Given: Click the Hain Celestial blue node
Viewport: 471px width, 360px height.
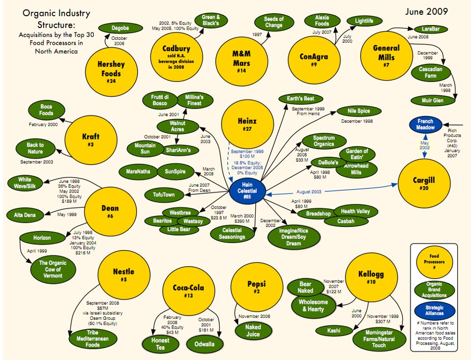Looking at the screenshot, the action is tap(247, 191).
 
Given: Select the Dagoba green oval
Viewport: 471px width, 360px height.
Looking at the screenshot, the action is tap(120, 28).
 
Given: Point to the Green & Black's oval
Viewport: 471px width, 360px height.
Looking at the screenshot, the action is tap(210, 20).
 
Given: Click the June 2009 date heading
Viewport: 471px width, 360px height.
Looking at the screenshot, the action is tap(426, 12).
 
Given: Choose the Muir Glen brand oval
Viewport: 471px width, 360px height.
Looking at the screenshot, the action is tap(432, 101).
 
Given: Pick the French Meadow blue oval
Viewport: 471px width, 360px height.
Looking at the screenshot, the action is tap(425, 125).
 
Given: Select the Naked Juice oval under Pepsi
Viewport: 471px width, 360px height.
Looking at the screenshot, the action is tap(253, 331).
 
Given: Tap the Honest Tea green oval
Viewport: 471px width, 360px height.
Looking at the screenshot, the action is tap(160, 344).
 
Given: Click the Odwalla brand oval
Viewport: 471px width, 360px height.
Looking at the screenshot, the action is tap(205, 344).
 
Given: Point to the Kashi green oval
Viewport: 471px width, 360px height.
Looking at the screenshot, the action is tap(334, 331).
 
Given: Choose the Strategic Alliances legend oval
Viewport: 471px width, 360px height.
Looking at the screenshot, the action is tap(434, 311).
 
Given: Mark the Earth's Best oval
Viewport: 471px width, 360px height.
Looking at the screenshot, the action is tap(301, 99).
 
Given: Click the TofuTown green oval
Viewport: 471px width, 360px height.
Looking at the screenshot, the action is tap(164, 194).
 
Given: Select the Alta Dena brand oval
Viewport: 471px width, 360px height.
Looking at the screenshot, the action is tap(25, 215).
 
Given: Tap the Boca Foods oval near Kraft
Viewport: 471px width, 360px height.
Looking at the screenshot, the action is tap(46, 110).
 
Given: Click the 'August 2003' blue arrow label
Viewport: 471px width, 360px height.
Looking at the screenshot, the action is tap(309, 192).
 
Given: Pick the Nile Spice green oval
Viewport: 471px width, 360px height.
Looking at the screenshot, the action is tap(359, 111).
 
